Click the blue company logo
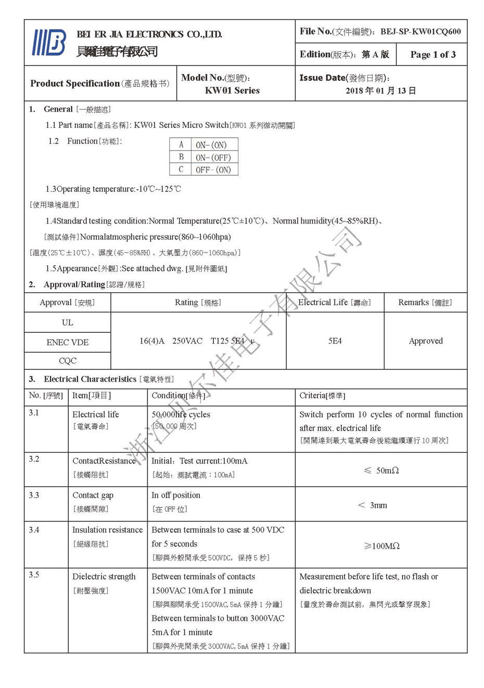tap(49, 43)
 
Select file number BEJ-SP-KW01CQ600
tap(421, 32)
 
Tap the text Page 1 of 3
tap(432, 55)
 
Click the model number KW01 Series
tap(232, 90)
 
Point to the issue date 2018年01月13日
tap(380, 91)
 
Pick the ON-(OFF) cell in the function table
tap(213, 158)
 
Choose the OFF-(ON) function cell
tap(213, 170)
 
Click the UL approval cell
tap(68, 322)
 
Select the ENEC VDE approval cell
tap(68, 342)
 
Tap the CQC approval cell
tap(68, 360)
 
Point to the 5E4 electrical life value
tap(335, 341)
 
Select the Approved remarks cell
tap(426, 341)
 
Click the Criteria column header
tap(322, 396)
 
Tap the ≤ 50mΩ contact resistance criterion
tap(381, 471)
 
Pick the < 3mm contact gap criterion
tap(373, 505)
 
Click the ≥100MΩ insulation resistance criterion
tap(381, 546)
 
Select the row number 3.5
tap(34, 575)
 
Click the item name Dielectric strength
tap(104, 577)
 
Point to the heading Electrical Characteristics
tap(90, 379)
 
